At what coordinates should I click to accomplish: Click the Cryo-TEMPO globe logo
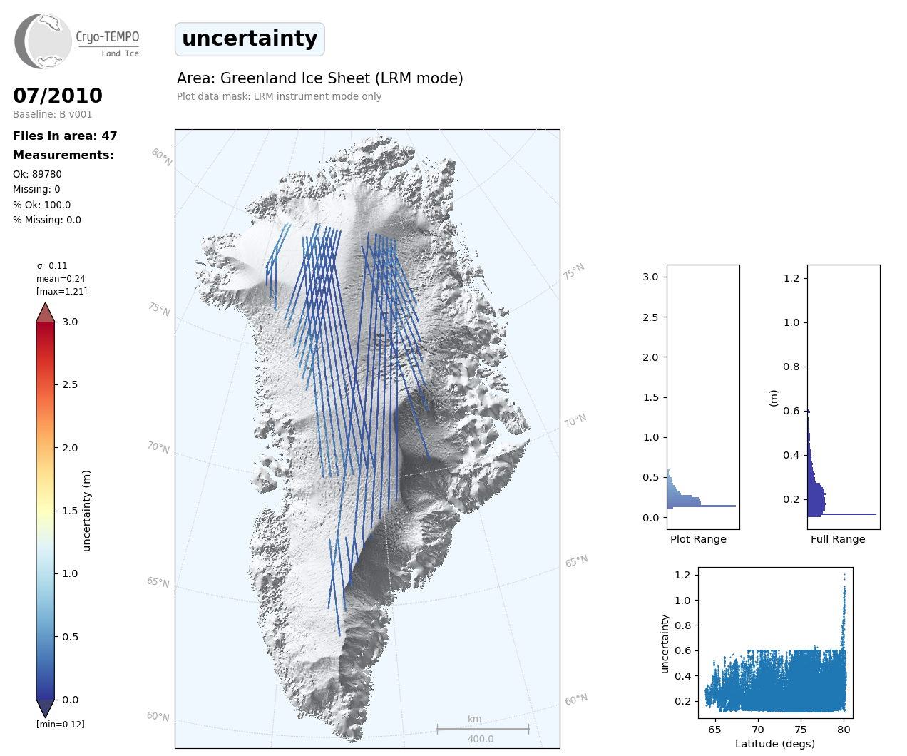click(x=43, y=41)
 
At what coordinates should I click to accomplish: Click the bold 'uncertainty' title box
click(x=250, y=39)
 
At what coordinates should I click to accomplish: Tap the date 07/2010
click(x=58, y=96)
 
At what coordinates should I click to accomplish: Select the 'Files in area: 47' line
click(x=65, y=136)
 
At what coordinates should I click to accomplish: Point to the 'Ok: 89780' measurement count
click(x=37, y=174)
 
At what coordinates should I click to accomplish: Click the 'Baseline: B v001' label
click(x=53, y=114)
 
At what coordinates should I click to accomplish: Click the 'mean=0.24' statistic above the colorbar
click(x=61, y=278)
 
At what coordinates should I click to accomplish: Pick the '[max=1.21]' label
click(x=62, y=292)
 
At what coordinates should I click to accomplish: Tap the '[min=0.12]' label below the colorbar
click(x=61, y=725)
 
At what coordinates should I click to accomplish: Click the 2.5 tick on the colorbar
click(x=69, y=384)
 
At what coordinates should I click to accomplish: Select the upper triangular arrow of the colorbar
click(x=45, y=312)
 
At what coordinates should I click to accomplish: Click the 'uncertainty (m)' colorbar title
click(x=86, y=511)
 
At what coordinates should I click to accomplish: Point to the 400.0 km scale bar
click(x=483, y=730)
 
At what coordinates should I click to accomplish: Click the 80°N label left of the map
click(x=162, y=158)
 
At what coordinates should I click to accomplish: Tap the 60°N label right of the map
click(x=576, y=700)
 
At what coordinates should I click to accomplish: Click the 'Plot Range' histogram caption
click(x=698, y=539)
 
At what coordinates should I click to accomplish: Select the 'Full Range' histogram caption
click(x=838, y=539)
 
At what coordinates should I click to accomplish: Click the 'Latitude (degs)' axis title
click(x=775, y=744)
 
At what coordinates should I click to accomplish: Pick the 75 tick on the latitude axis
click(x=801, y=730)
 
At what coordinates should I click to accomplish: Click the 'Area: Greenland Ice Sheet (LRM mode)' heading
click(x=320, y=78)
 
